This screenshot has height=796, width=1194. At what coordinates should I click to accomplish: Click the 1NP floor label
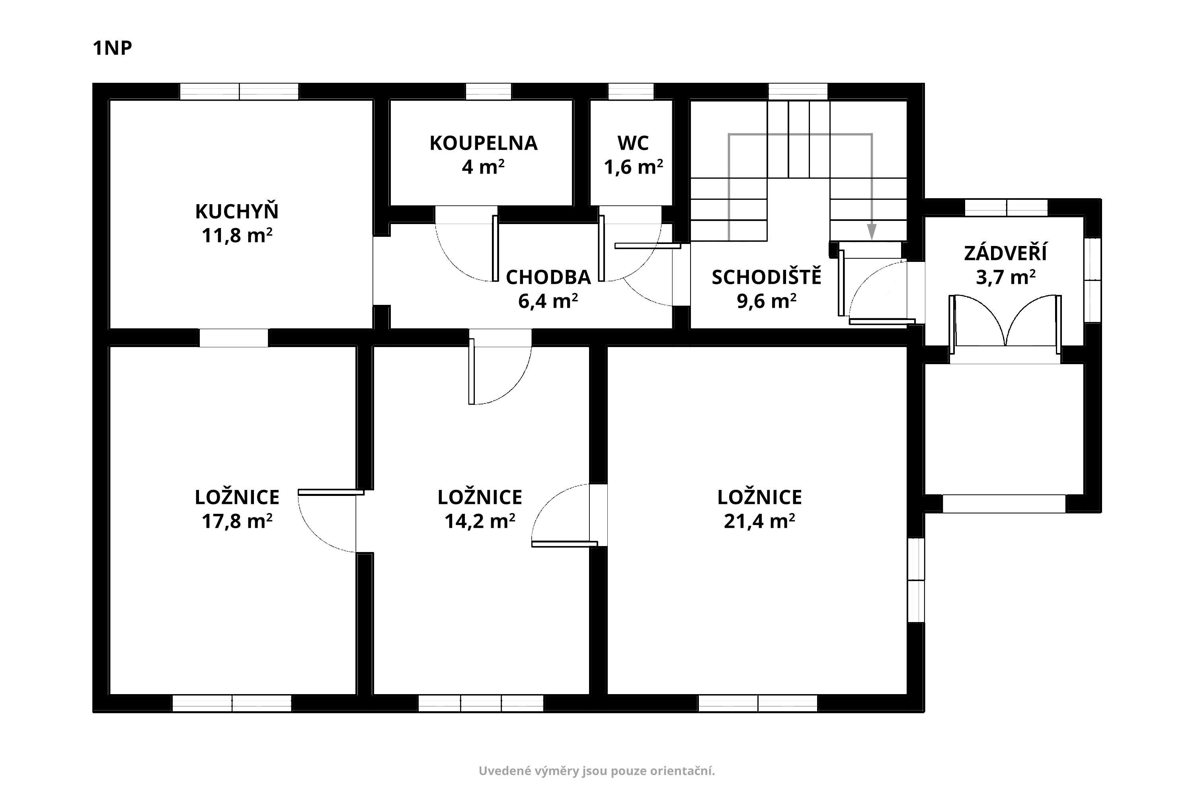coord(112,48)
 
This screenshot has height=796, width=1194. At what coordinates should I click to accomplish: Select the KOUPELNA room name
coord(483,143)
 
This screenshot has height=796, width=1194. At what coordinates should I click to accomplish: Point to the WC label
coord(633,143)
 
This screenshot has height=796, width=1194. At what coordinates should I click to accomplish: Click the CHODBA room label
coord(548,277)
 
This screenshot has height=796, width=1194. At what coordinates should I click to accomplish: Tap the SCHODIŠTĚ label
coord(767,276)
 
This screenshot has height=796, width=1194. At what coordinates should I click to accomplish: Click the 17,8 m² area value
coord(237,521)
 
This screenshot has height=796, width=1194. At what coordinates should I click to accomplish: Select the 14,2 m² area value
coord(480,521)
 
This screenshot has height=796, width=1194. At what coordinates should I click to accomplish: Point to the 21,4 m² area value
coord(759,521)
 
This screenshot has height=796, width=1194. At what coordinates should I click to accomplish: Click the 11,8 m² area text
coord(237,236)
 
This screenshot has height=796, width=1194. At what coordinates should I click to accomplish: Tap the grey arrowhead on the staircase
coord(872,232)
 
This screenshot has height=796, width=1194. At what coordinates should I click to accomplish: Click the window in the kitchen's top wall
coord(239,92)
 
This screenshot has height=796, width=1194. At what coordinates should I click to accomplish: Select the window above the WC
coord(631,92)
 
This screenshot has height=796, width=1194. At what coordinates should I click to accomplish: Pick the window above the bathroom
coord(488,92)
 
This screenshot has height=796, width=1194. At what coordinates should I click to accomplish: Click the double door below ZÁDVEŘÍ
coord(1005,325)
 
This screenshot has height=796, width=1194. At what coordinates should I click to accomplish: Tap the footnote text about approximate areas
coord(597,771)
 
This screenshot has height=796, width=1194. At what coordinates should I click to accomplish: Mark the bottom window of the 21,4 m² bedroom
coord(758,704)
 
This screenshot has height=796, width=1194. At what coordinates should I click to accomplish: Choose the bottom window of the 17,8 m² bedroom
coord(232,704)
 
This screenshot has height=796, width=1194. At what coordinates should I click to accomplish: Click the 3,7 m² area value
coord(1006,277)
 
